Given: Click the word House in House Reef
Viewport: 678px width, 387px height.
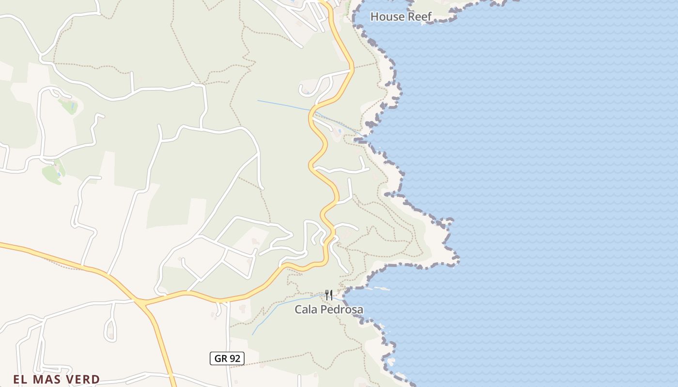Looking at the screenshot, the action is tap(386, 17).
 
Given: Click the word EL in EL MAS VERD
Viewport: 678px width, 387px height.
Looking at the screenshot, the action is tap(20, 379).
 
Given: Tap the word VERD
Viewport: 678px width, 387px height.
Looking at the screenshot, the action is tap(82, 379).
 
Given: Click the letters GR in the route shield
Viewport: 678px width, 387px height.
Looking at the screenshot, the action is tap(221, 358).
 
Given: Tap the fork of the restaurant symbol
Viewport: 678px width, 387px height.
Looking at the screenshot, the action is tap(327, 294).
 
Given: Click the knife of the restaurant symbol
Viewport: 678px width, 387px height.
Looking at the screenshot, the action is tap(331, 294).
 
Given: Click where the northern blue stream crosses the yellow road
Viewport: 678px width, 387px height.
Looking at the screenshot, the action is tap(312, 111).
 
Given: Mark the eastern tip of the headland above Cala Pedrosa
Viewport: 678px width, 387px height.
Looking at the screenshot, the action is tap(458, 261).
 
